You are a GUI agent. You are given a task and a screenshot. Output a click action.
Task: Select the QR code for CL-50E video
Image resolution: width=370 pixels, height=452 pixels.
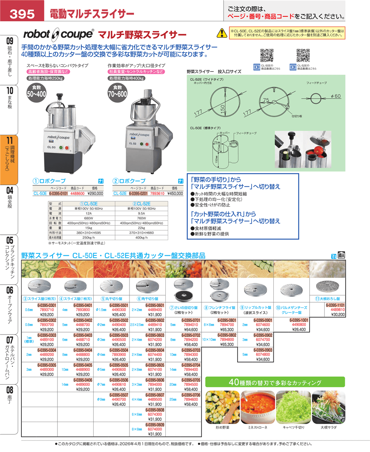[x=267, y=55]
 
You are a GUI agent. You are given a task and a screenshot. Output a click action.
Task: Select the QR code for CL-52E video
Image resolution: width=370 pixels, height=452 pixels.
[x=303, y=55]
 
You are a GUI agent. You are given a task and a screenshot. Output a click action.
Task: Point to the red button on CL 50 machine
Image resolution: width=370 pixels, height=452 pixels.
[x=67, y=148]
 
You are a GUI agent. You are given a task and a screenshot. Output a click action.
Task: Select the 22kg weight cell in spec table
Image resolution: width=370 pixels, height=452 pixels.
[x=142, y=227]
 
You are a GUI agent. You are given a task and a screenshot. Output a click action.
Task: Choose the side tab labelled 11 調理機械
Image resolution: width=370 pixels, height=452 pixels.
[x=9, y=160]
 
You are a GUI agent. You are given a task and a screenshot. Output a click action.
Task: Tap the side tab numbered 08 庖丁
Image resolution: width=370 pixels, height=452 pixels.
[x=9, y=394]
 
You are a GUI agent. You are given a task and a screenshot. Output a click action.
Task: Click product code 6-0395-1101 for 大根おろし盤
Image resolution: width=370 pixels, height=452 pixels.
[x=335, y=305]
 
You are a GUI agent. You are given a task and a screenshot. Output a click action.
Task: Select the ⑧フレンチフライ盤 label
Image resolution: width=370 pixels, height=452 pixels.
[x=221, y=307]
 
